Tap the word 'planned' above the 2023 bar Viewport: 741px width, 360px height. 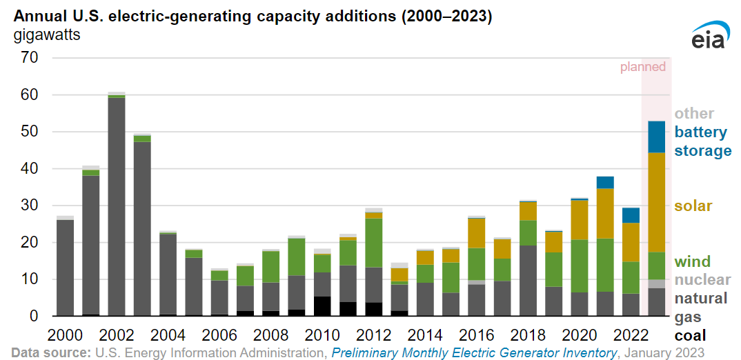click(642, 67)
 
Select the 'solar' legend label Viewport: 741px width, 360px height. click(693, 206)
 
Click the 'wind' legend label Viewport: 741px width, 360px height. click(691, 261)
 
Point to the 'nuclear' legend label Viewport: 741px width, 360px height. click(702, 279)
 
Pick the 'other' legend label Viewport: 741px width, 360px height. click(694, 114)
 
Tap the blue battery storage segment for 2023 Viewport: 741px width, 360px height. click(657, 137)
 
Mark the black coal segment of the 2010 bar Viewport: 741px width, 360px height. click(322, 306)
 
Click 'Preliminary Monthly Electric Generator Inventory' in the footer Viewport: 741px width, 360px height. click(474, 352)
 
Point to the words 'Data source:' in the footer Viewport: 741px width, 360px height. click(50, 352)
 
